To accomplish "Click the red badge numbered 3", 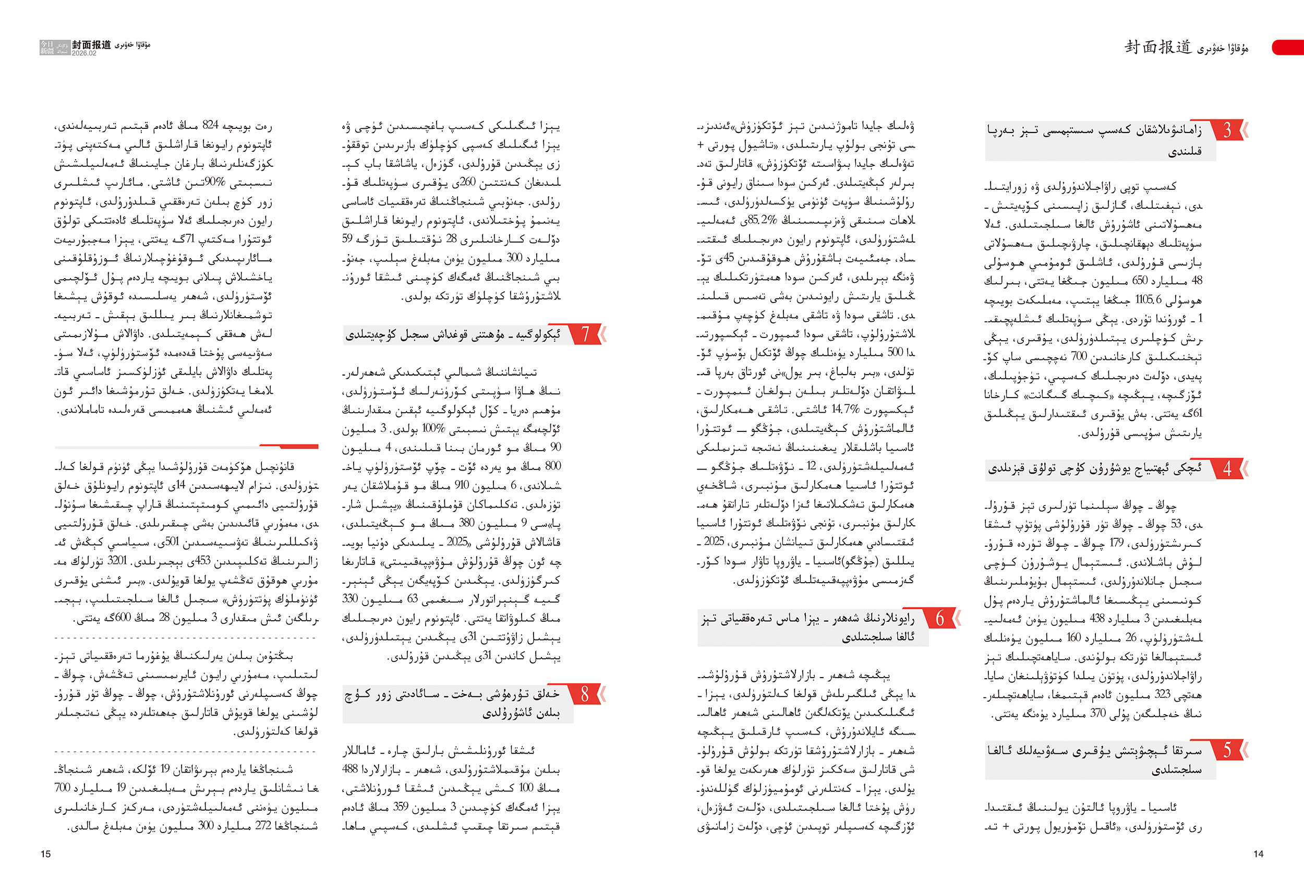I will coord(1227,130).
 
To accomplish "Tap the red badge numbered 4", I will coord(1227,468).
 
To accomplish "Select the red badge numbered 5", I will coord(1227,750).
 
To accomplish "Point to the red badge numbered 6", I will coord(940,618).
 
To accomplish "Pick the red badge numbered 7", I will coord(585,334).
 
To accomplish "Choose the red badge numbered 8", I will coord(585,694).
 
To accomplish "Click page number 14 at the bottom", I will coord(1258,854).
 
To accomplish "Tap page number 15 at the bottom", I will coord(45,854).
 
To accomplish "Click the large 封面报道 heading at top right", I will coord(1157,47).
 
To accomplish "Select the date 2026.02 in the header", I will coord(83,53).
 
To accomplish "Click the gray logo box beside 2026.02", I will coord(54,47).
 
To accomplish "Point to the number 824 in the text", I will coord(210,126).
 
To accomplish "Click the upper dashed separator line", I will coord(185,638).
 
